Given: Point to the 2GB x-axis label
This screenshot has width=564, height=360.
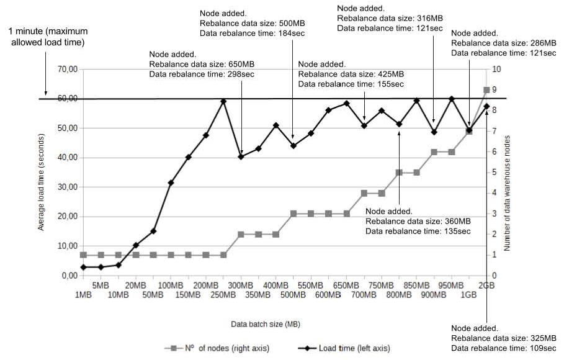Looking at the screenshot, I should (486, 286).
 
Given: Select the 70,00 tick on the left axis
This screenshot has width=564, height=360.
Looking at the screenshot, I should (66, 70).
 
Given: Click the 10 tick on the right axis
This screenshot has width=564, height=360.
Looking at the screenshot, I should (496, 70).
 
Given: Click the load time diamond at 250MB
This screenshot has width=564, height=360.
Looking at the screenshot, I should (223, 101).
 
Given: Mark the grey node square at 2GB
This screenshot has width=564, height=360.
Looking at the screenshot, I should (486, 90).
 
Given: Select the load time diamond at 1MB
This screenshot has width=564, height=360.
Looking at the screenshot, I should (83, 267).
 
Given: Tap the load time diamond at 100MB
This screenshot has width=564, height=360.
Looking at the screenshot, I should (171, 182).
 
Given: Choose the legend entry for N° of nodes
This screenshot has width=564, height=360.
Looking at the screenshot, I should (217, 348).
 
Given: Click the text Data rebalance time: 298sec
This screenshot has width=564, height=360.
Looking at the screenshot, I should (202, 74).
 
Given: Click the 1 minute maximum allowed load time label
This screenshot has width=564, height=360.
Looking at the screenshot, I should (47, 37).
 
